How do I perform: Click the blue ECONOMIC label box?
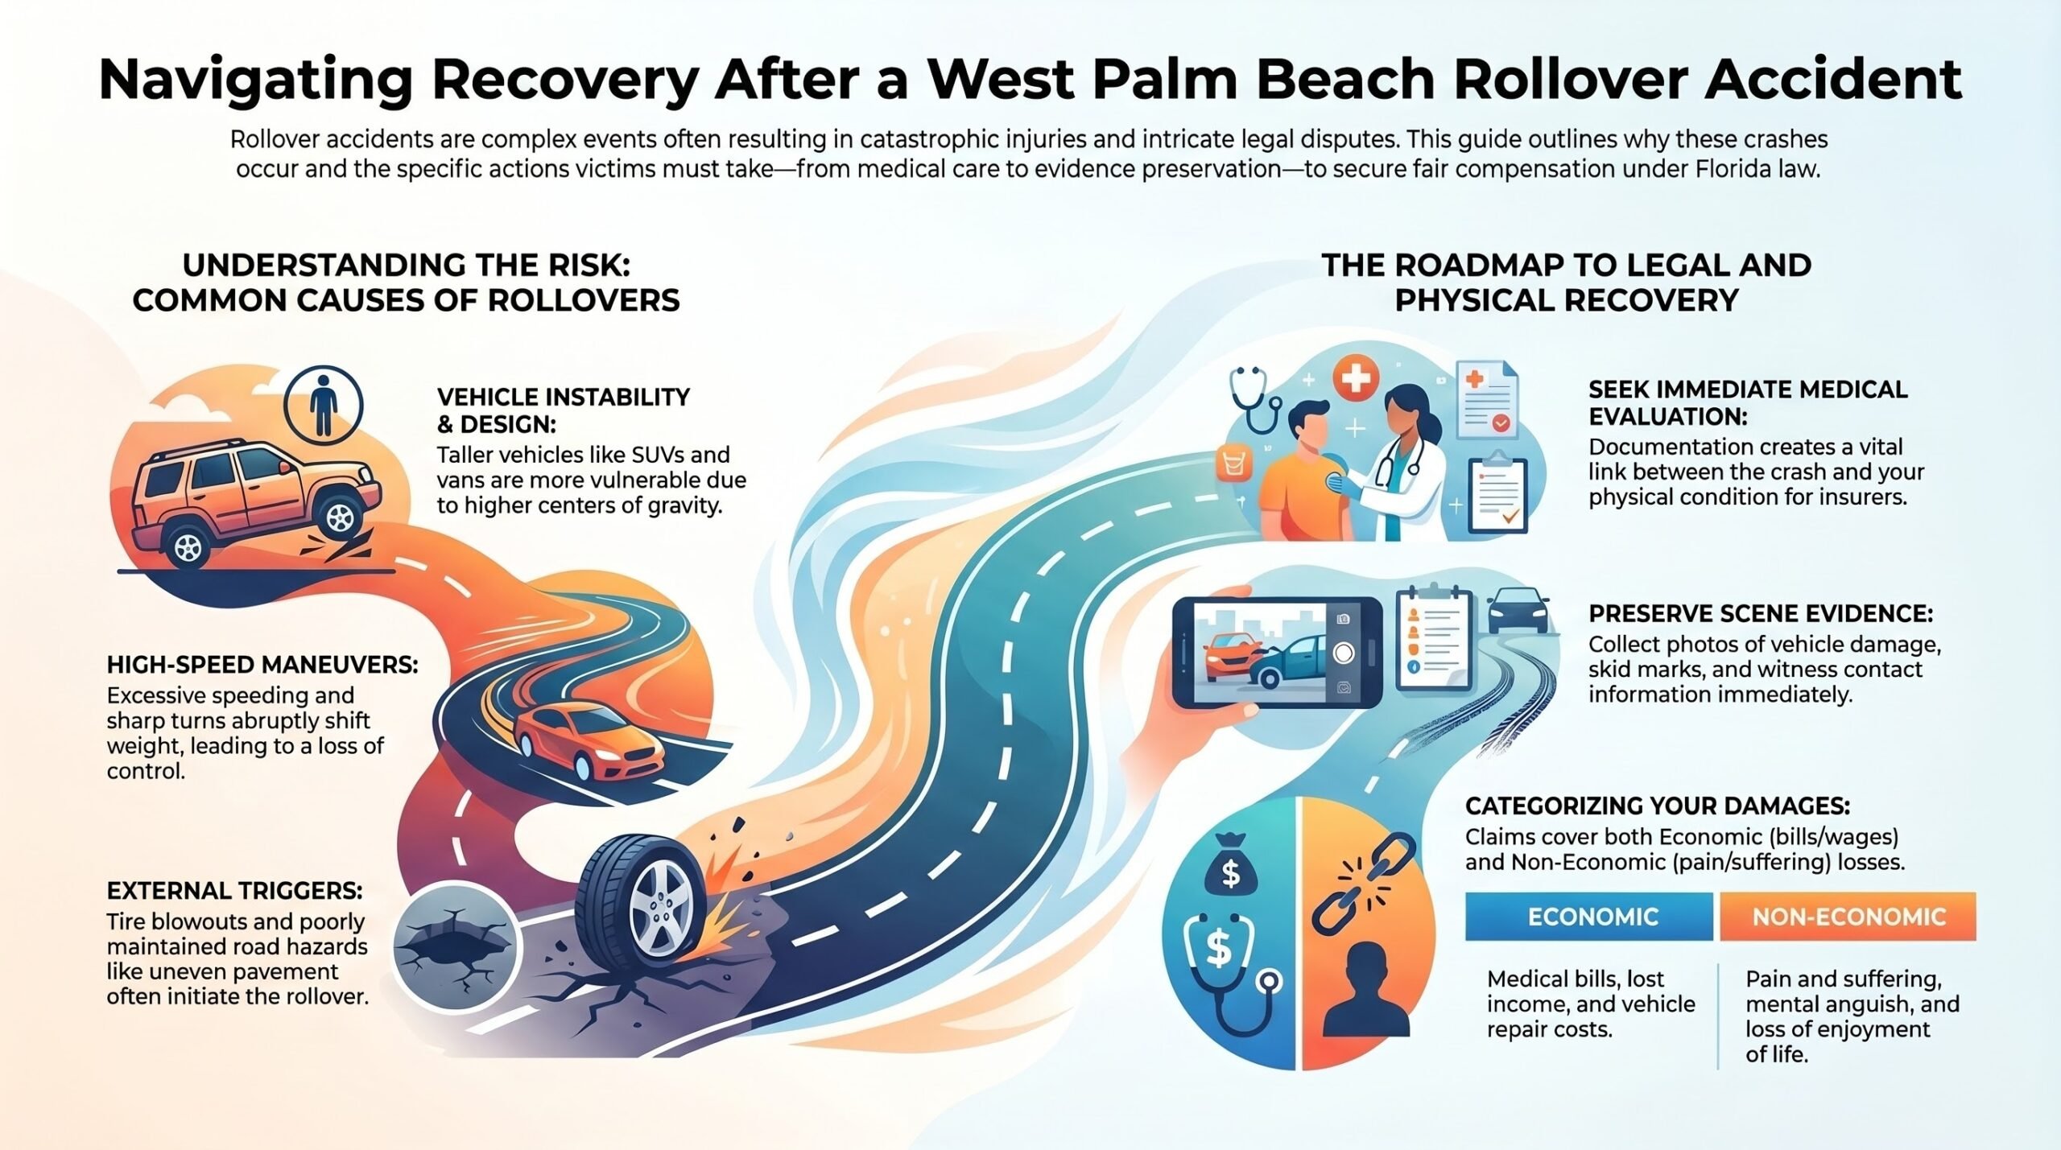coord(1588,917)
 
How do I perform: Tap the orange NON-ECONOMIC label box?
coord(1848,917)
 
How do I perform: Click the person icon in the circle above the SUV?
coord(323,405)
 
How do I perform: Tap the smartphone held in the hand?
coord(1277,653)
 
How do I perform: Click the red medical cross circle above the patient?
coord(1356,379)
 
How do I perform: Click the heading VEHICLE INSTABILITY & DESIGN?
coord(564,410)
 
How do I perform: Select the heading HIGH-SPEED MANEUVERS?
coord(262,665)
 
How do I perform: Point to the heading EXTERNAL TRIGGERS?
coord(235,891)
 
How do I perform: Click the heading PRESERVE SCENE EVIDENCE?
coord(1761,614)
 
